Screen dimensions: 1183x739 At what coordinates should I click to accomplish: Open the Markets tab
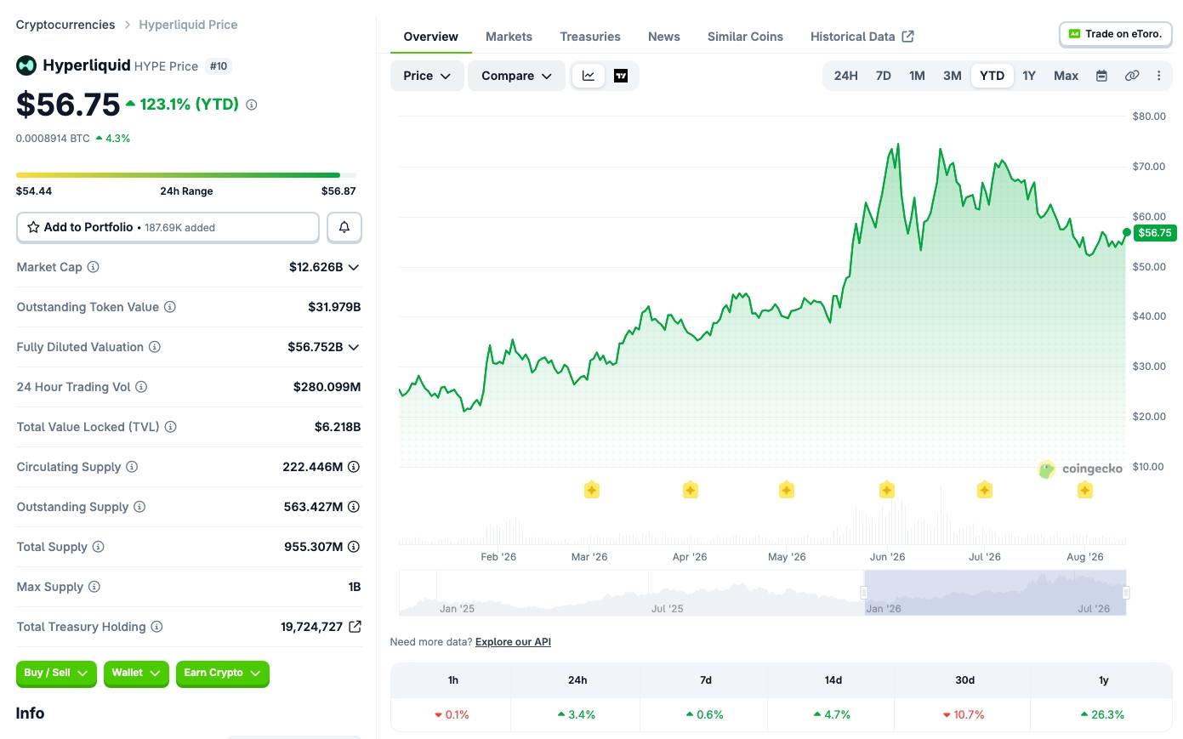coord(509,37)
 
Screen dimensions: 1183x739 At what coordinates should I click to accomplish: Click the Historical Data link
coord(862,37)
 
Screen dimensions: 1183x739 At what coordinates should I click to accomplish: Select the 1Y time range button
coord(1028,76)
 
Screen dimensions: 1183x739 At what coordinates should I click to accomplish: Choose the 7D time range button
coord(883,76)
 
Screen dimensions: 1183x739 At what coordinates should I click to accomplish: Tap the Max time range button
coord(1066,76)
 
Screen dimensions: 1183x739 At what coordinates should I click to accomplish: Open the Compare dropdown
coord(516,76)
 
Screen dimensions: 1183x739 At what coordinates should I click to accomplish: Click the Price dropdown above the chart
coord(427,76)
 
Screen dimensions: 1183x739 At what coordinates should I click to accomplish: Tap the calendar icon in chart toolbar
coord(1101,76)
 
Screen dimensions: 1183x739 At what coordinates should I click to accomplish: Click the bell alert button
coord(344,227)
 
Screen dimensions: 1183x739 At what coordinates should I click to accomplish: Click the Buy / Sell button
coord(56,673)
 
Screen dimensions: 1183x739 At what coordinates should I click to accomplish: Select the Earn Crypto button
coord(222,673)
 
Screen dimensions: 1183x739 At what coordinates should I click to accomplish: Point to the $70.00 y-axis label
coord(1149,167)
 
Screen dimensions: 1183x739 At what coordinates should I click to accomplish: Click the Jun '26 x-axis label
coord(887,557)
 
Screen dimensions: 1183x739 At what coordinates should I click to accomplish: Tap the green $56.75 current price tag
coord(1154,233)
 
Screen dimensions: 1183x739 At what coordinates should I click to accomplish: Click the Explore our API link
coord(513,642)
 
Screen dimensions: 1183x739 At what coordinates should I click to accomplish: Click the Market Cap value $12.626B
coord(316,267)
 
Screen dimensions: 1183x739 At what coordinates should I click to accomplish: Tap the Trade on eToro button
coord(1116,34)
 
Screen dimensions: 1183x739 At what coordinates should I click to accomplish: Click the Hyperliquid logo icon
coord(26,65)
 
